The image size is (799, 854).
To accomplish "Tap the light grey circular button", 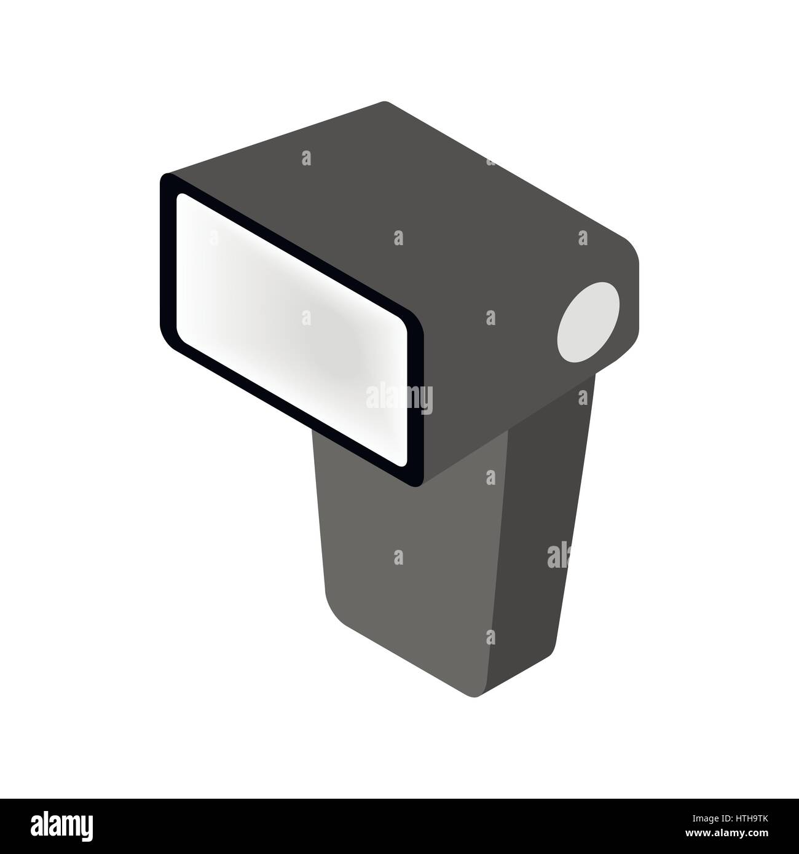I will (x=589, y=320).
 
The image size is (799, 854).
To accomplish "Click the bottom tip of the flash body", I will (x=476, y=696).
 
